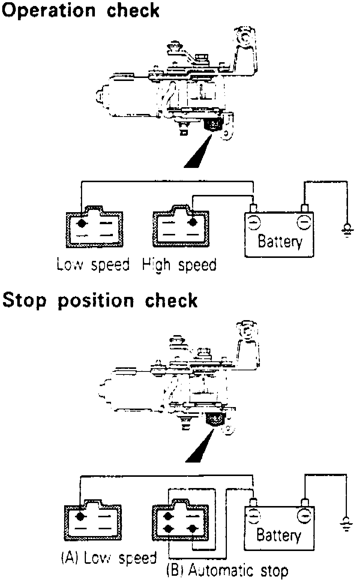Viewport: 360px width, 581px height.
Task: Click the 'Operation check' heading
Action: [x=81, y=10]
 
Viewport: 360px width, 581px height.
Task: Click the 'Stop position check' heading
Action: [x=100, y=301]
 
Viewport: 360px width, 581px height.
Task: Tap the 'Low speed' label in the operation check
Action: [x=93, y=265]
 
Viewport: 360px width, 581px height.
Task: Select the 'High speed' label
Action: [x=179, y=265]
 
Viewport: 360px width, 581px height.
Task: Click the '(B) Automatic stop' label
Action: [x=227, y=571]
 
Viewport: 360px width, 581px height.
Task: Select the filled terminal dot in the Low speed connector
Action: [x=81, y=223]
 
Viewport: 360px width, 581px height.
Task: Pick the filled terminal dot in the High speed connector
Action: [x=193, y=222]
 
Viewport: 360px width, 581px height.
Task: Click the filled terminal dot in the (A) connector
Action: [x=80, y=516]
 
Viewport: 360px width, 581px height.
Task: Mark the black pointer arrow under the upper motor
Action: [x=198, y=153]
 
